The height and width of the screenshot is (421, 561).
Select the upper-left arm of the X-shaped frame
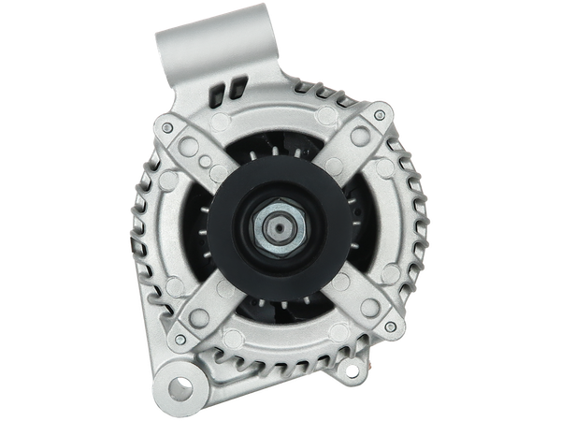pos(196,150)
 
